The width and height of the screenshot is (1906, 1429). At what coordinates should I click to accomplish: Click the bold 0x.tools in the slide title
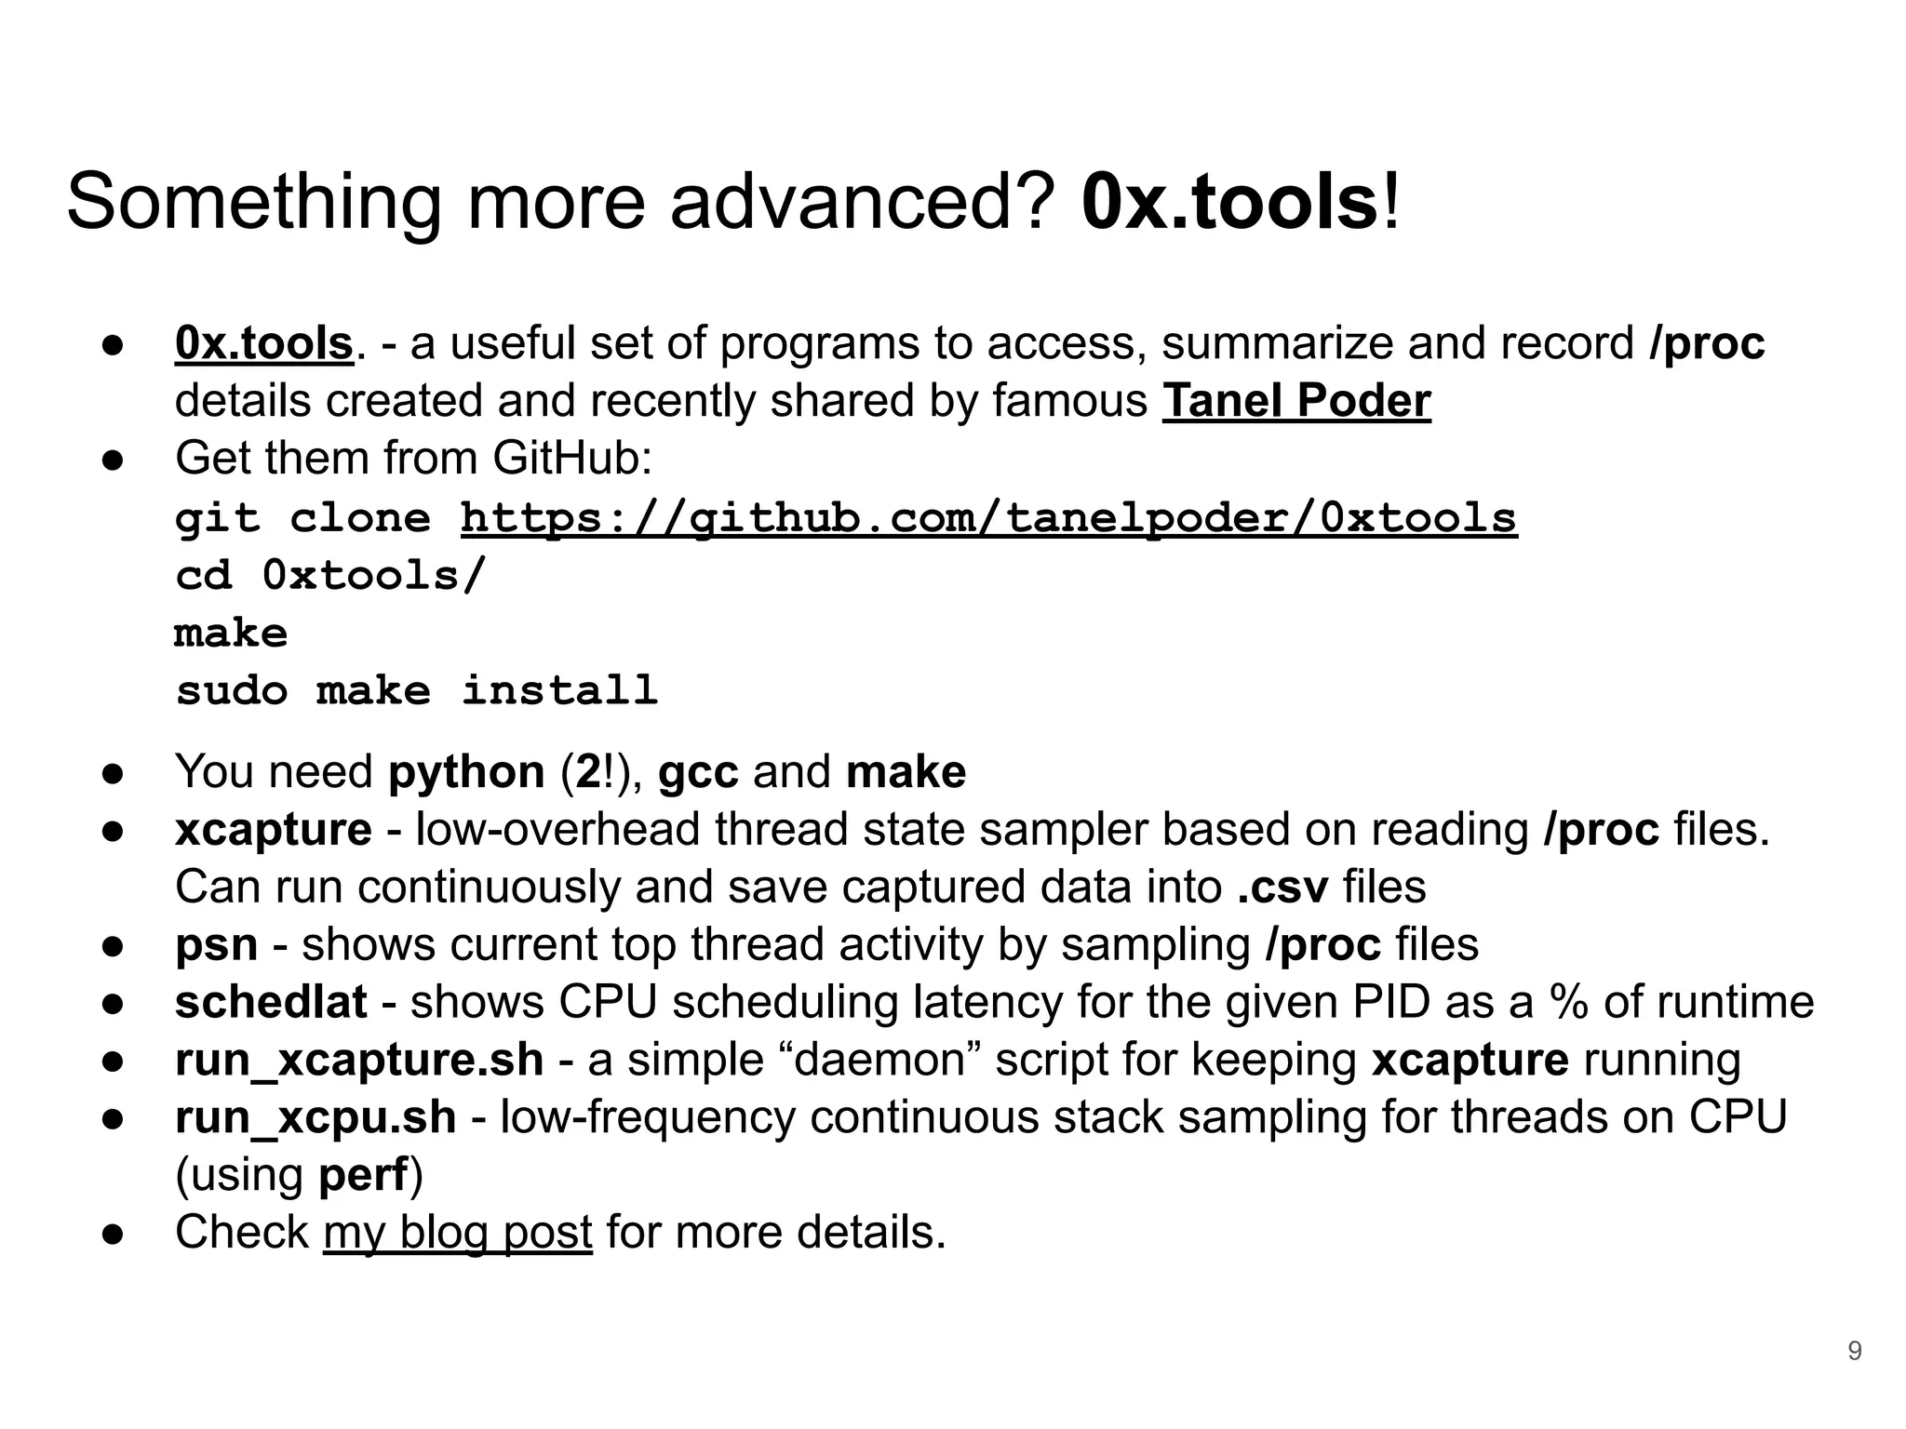tap(1228, 203)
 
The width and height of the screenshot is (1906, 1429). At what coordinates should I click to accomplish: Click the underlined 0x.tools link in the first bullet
tap(264, 344)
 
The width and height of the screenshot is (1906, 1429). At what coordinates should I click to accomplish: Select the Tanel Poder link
tap(1295, 402)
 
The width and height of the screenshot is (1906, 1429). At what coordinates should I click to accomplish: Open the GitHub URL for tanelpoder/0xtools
tap(988, 519)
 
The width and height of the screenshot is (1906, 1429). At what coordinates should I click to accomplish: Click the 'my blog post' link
tap(458, 1233)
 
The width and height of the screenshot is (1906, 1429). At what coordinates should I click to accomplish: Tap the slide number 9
tap(1854, 1351)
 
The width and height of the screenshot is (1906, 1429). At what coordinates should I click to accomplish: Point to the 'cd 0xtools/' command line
tap(330, 576)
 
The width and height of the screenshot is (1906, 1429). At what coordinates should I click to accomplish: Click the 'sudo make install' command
tap(417, 691)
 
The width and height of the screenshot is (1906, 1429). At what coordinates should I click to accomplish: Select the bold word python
tap(466, 772)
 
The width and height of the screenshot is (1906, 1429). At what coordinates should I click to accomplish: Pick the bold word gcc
tap(698, 772)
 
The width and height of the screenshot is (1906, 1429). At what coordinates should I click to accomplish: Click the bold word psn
tap(216, 945)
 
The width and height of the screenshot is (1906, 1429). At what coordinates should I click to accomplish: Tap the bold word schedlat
tap(271, 1003)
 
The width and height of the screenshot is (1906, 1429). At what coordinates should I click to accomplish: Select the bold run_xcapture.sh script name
tap(359, 1061)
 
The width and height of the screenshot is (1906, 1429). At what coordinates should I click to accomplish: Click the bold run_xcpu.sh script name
tap(315, 1118)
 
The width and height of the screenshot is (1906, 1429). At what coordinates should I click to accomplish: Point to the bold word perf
tap(363, 1176)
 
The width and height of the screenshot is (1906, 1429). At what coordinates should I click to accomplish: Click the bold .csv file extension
tap(1282, 888)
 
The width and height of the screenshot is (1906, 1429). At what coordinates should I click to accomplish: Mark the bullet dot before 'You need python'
tap(114, 774)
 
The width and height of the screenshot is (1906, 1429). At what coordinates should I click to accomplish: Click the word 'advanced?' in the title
tap(862, 203)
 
